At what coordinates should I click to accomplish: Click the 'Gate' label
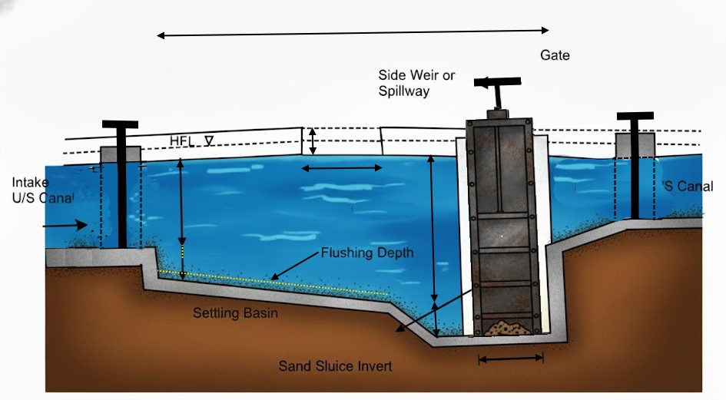pos(555,55)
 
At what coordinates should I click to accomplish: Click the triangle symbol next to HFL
pos(207,140)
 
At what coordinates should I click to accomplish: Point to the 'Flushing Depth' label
pos(366,253)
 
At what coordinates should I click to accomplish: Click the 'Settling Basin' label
pos(235,313)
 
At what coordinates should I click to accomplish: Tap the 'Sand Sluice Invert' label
pos(335,366)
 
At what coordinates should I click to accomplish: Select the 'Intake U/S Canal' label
pos(42,190)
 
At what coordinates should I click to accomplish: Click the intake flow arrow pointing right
pos(65,225)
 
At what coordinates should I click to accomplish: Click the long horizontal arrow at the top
pos(353,33)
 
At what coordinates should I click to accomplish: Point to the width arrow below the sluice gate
pos(510,357)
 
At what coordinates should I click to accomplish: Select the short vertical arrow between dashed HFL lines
pos(312,140)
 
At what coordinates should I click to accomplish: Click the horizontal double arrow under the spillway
pos(340,168)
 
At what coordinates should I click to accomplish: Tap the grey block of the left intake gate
pos(121,154)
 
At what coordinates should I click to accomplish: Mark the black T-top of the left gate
pos(120,124)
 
